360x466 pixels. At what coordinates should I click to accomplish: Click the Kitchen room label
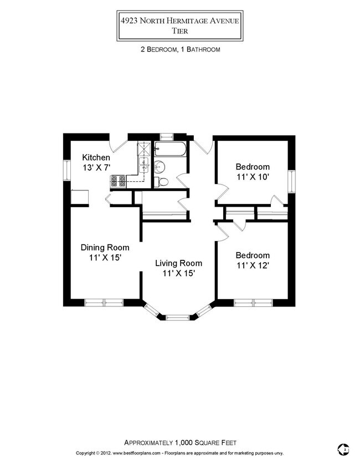pyautogui.click(x=96, y=157)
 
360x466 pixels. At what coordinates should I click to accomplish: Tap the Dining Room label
pyautogui.click(x=105, y=247)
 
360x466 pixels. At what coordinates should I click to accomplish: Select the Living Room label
pyautogui.click(x=178, y=263)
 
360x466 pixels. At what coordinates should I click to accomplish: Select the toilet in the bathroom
pyautogui.click(x=162, y=181)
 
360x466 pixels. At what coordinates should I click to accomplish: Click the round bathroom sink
pyautogui.click(x=160, y=166)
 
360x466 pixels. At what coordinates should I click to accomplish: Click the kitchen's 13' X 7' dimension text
pyautogui.click(x=96, y=167)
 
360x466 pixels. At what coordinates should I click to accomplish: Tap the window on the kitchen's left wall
pyautogui.click(x=65, y=170)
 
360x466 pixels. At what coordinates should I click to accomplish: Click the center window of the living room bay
pyautogui.click(x=177, y=317)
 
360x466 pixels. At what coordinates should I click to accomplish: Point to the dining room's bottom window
pyautogui.click(x=104, y=302)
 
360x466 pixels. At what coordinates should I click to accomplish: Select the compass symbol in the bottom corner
pyautogui.click(x=343, y=448)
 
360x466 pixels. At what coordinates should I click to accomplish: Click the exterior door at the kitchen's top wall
pyautogui.click(x=119, y=145)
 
